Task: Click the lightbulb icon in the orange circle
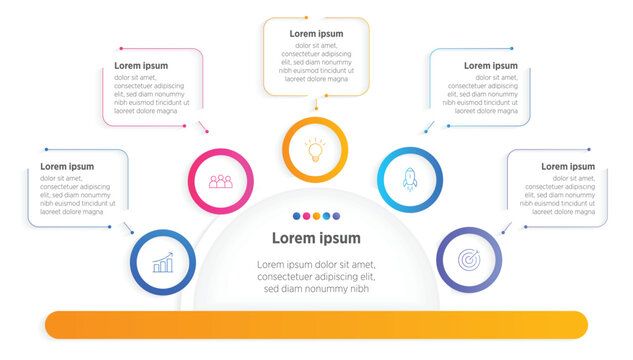coord(315,150)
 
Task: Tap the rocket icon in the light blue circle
coord(409,179)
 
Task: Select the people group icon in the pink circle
coord(220,181)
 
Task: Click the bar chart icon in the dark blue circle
coord(162,263)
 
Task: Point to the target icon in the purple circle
coord(468,259)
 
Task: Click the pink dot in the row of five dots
coord(305,216)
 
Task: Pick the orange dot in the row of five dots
coord(316,216)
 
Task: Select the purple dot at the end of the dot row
coord(337,216)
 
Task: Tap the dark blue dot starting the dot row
coord(295,216)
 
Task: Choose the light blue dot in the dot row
coord(326,216)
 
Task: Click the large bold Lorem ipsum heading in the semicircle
coord(316,238)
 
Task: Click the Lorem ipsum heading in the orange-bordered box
coord(316,34)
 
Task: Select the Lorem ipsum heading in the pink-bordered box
coord(141,66)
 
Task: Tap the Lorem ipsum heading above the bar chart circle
coord(67,166)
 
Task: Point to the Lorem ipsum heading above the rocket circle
coord(491,66)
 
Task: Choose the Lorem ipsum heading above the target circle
coord(568,166)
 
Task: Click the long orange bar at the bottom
coord(316,324)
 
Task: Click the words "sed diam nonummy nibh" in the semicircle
coord(316,289)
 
